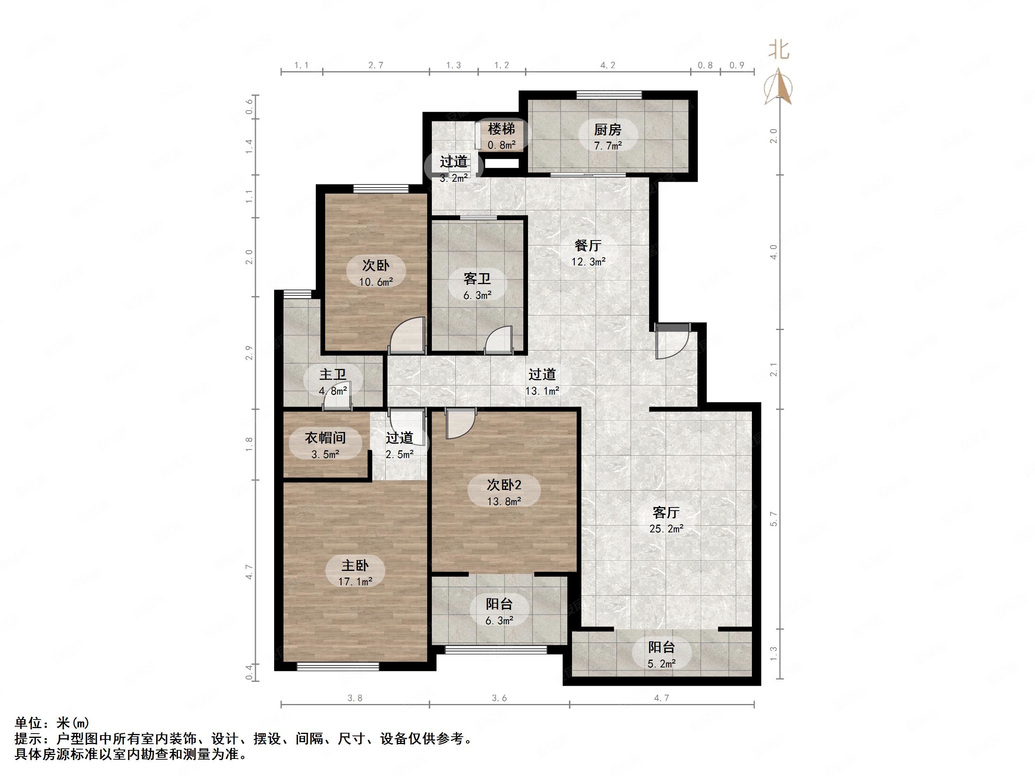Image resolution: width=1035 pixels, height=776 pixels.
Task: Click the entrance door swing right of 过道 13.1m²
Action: click(x=670, y=341)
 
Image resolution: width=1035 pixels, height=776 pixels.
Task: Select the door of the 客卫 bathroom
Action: click(x=499, y=341)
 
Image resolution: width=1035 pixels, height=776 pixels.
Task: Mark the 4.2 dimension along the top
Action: click(x=607, y=65)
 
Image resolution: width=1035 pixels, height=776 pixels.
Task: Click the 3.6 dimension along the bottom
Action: click(x=499, y=698)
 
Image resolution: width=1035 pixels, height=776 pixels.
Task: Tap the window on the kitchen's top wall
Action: click(x=609, y=95)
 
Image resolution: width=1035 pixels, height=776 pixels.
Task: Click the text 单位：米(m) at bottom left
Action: click(x=52, y=723)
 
